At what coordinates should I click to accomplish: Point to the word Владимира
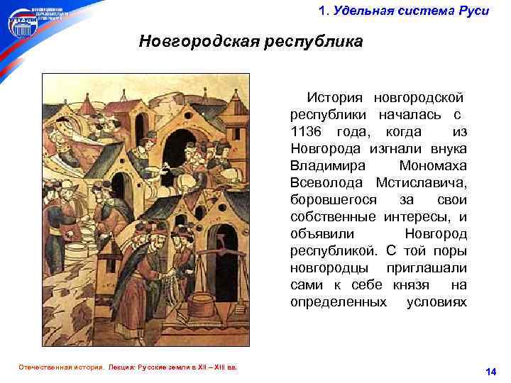pyautogui.click(x=328, y=166)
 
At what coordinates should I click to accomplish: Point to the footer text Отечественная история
pyautogui.click(x=55, y=368)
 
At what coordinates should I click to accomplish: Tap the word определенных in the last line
pyautogui.click(x=339, y=302)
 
